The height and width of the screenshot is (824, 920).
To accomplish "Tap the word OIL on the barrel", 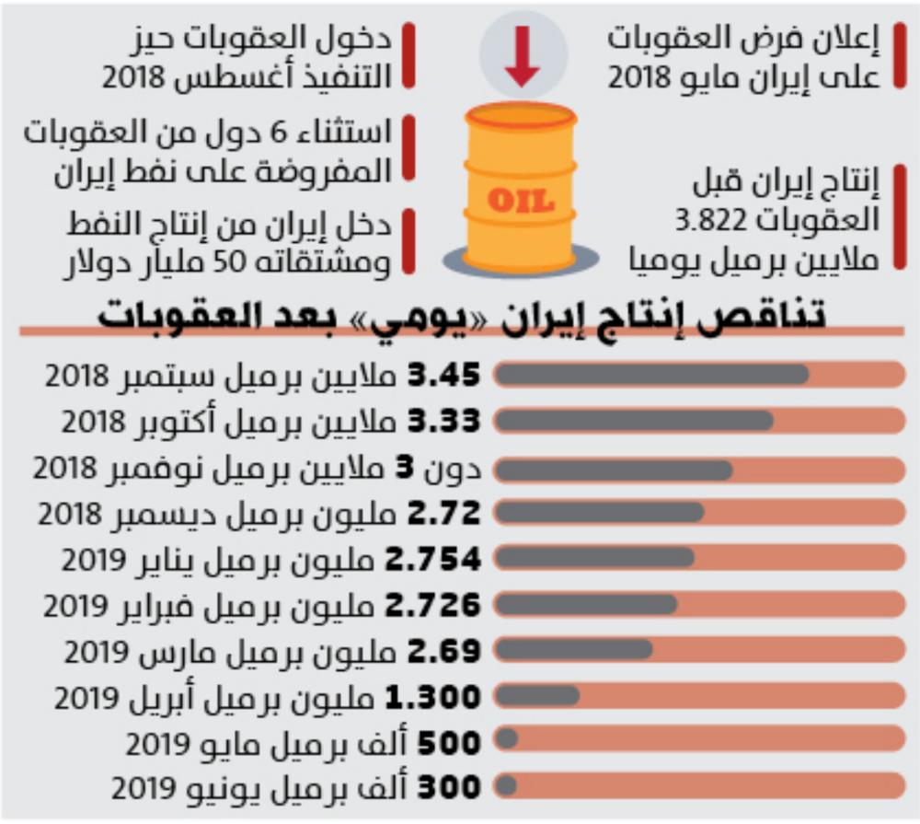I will (520, 199).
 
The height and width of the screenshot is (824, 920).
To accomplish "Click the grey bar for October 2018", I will (634, 421).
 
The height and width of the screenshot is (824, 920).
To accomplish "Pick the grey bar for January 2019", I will (594, 557).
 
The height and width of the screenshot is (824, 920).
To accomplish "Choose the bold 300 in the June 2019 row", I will (452, 788).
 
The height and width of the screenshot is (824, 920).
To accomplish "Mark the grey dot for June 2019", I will (505, 787).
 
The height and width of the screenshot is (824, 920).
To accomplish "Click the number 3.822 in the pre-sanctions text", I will (707, 222).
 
